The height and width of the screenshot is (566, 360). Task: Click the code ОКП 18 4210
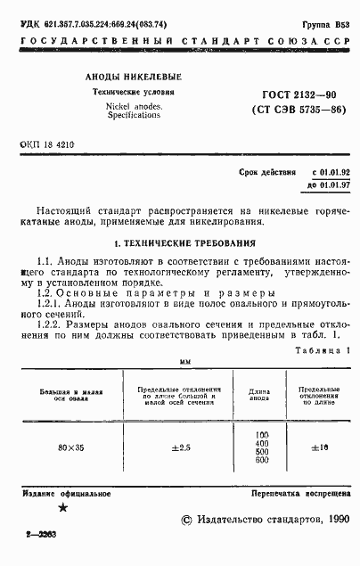pos(47,144)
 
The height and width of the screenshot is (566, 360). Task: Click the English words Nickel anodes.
pos(130,106)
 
